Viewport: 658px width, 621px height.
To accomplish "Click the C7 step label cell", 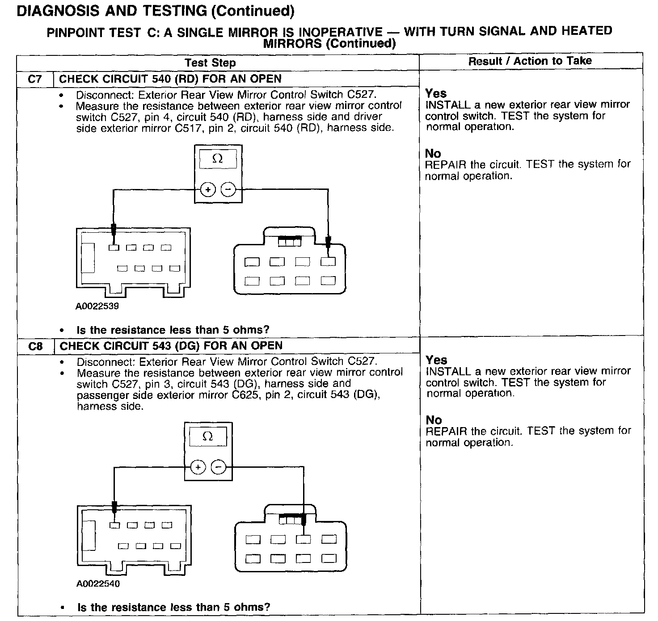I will pos(35,79).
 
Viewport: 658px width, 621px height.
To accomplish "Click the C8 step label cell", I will pos(35,346).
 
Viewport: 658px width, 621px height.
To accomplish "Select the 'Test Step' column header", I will pos(210,63).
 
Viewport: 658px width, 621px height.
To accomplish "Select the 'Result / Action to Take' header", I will pos(530,61).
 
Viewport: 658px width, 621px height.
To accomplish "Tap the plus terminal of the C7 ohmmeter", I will pos(207,189).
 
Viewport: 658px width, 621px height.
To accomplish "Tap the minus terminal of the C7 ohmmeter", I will pos(228,189).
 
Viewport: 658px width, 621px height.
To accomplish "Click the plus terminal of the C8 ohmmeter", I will pos(198,467).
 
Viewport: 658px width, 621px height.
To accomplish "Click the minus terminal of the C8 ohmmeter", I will pos(218,467).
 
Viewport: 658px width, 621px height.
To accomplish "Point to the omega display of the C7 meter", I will pos(218,159).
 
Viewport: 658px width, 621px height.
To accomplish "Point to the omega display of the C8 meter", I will pos(208,436).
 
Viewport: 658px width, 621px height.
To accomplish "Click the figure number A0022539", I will pos(97,306).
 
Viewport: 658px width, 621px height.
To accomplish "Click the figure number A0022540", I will pos(98,583).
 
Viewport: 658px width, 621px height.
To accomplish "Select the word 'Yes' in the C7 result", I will pos(436,93).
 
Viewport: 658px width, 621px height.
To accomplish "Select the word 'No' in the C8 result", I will pos(434,420).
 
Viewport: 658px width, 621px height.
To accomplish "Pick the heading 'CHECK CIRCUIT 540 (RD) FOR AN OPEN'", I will pos(170,79).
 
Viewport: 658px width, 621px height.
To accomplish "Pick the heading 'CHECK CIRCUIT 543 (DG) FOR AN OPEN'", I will pos(171,346).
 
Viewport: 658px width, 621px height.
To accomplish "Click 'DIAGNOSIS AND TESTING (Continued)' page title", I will pos(155,11).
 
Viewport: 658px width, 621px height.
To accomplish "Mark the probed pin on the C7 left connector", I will pos(114,248).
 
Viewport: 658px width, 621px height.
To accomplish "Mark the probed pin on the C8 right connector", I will pos(304,539).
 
